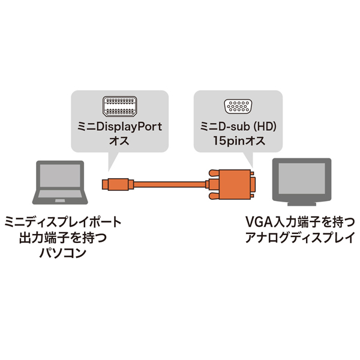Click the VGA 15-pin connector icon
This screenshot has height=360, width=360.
(x=238, y=109)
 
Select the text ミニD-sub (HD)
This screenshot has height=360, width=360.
(x=238, y=127)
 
